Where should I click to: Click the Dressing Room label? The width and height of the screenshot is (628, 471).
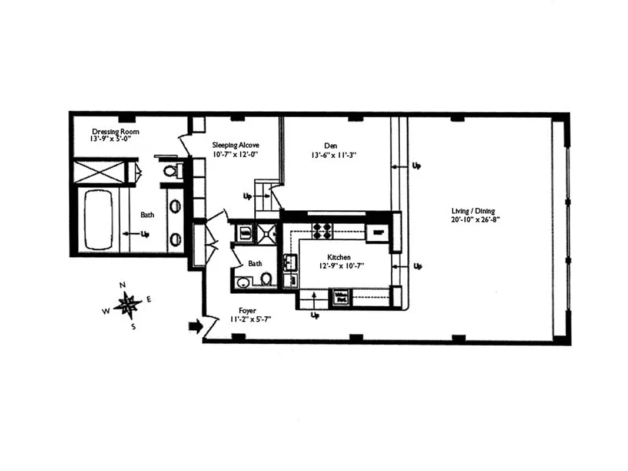(x=115, y=131)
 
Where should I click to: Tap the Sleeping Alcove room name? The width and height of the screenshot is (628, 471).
(x=235, y=145)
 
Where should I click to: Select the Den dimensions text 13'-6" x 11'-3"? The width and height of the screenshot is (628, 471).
(x=330, y=155)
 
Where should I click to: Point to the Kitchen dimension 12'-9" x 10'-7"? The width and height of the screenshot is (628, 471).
(x=339, y=266)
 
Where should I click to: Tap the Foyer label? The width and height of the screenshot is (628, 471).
(x=247, y=310)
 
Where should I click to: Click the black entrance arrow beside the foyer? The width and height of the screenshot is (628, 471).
(x=194, y=326)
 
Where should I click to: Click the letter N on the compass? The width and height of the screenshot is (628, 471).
(x=122, y=285)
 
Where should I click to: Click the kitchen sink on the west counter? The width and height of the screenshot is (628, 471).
(x=291, y=262)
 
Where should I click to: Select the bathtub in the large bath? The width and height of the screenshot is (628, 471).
(x=98, y=218)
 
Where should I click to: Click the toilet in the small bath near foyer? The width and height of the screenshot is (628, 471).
(x=266, y=278)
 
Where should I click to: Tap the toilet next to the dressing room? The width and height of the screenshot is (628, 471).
(x=170, y=171)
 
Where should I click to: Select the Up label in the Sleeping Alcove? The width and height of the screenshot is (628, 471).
(x=248, y=195)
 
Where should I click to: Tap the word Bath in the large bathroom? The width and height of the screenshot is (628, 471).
(x=147, y=215)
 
